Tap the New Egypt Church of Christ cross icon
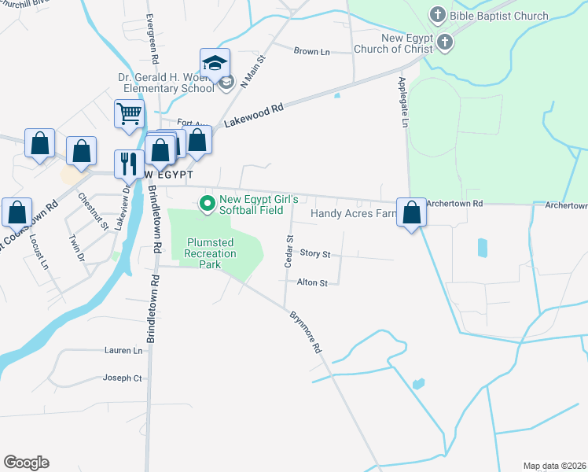coord(446,42)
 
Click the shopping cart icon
coord(129,113)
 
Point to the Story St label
coord(315,254)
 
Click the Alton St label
coord(312,282)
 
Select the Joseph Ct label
coord(122,378)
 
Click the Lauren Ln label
coord(123,350)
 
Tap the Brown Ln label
coord(311,51)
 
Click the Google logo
coord(26,463)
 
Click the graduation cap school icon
coord(215,61)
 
